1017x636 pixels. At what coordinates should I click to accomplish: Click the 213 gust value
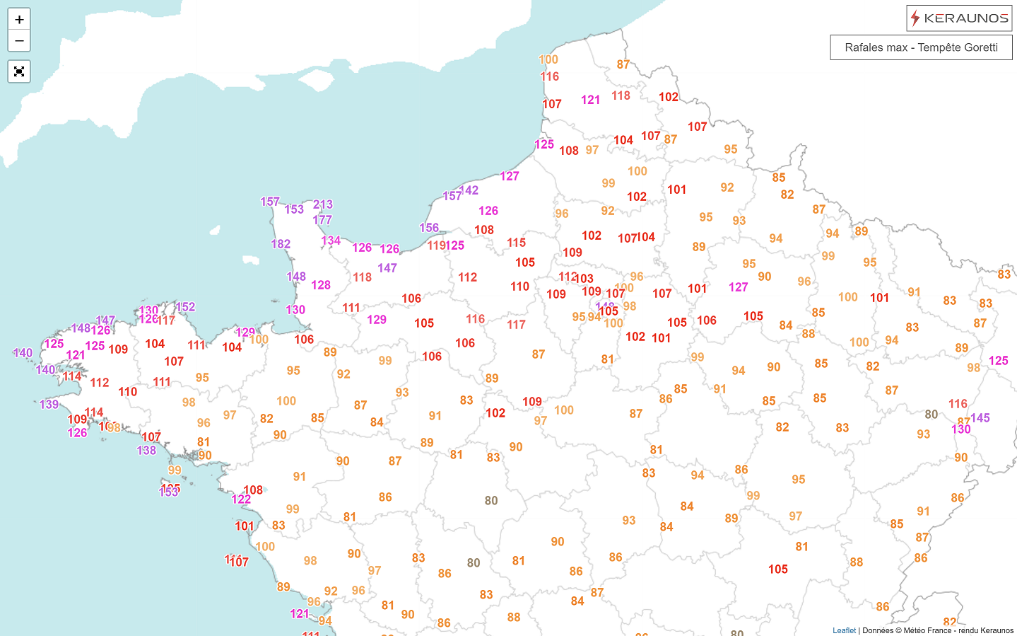click(323, 204)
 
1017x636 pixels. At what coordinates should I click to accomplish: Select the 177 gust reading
click(322, 220)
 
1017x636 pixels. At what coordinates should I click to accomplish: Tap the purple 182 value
click(281, 244)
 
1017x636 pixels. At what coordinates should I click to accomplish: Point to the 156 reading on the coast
click(429, 228)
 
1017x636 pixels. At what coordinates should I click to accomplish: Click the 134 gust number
click(331, 241)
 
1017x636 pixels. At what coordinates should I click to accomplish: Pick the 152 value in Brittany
click(186, 307)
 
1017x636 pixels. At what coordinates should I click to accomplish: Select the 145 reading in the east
click(980, 418)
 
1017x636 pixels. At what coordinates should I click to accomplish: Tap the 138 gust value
click(146, 451)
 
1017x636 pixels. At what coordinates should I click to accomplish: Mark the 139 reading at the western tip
click(49, 405)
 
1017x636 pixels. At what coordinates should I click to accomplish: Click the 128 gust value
click(321, 285)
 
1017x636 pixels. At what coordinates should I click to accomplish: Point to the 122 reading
click(241, 499)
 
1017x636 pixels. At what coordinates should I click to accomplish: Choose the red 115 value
click(516, 243)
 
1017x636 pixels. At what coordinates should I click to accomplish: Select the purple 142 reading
click(469, 190)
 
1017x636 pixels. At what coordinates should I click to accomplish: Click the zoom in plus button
click(19, 19)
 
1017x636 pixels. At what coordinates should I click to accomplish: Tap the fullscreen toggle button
click(19, 71)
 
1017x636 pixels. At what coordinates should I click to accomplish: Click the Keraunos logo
click(959, 18)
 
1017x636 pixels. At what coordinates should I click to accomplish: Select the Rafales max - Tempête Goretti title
click(921, 47)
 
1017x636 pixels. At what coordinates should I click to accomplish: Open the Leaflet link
click(844, 630)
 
